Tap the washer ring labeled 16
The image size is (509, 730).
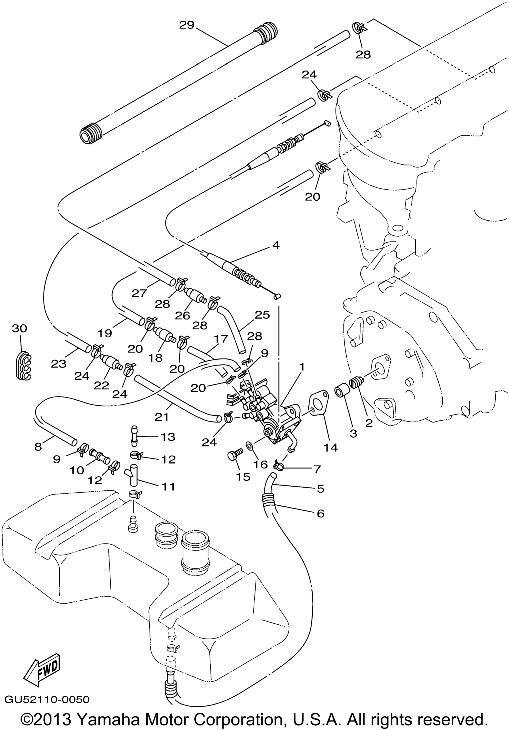pyautogui.click(x=250, y=445)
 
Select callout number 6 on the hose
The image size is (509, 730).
pyautogui.click(x=320, y=513)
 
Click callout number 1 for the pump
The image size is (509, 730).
pyautogui.click(x=301, y=367)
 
